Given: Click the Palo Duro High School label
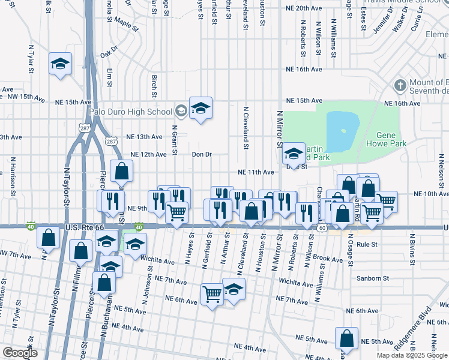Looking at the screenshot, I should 130,111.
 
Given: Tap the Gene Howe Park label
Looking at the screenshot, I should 391,139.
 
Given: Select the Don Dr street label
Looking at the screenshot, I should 202,154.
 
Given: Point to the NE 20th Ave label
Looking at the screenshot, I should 305,8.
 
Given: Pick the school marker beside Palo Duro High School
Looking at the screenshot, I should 200,108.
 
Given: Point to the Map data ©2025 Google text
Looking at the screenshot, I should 412,355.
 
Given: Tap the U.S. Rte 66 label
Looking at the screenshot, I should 84,227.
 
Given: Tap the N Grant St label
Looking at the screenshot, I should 175,139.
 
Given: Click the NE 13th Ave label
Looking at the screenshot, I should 145,137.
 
